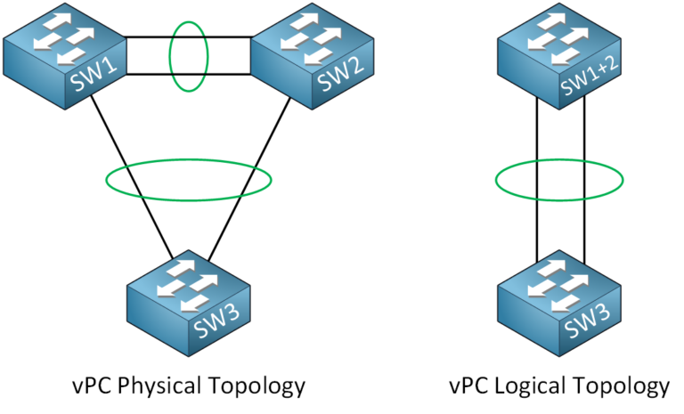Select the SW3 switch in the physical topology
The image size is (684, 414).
pos(187,303)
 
